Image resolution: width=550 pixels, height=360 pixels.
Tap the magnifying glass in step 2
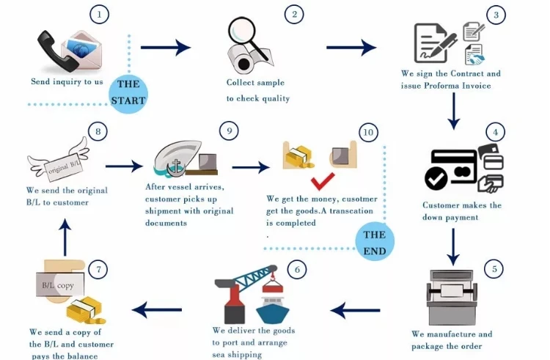click(246, 36)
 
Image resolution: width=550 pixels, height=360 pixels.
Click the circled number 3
click(496, 15)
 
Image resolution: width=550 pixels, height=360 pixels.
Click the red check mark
click(323, 181)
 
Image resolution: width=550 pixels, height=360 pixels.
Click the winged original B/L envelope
click(59, 161)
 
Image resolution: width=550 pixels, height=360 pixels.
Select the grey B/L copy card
click(60, 284)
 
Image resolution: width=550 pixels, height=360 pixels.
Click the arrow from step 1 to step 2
click(166, 48)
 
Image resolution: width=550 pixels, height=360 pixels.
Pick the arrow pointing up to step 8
click(65, 238)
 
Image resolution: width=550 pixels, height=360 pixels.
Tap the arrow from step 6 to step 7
click(157, 309)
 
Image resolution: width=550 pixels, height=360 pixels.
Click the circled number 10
click(368, 133)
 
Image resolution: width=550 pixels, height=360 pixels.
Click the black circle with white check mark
click(436, 178)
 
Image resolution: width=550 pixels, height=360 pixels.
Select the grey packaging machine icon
click(452, 297)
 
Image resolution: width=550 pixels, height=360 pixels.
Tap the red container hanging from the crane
click(273, 287)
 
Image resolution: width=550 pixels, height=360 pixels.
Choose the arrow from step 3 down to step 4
click(453, 111)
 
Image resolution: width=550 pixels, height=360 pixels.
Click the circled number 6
click(297, 270)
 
